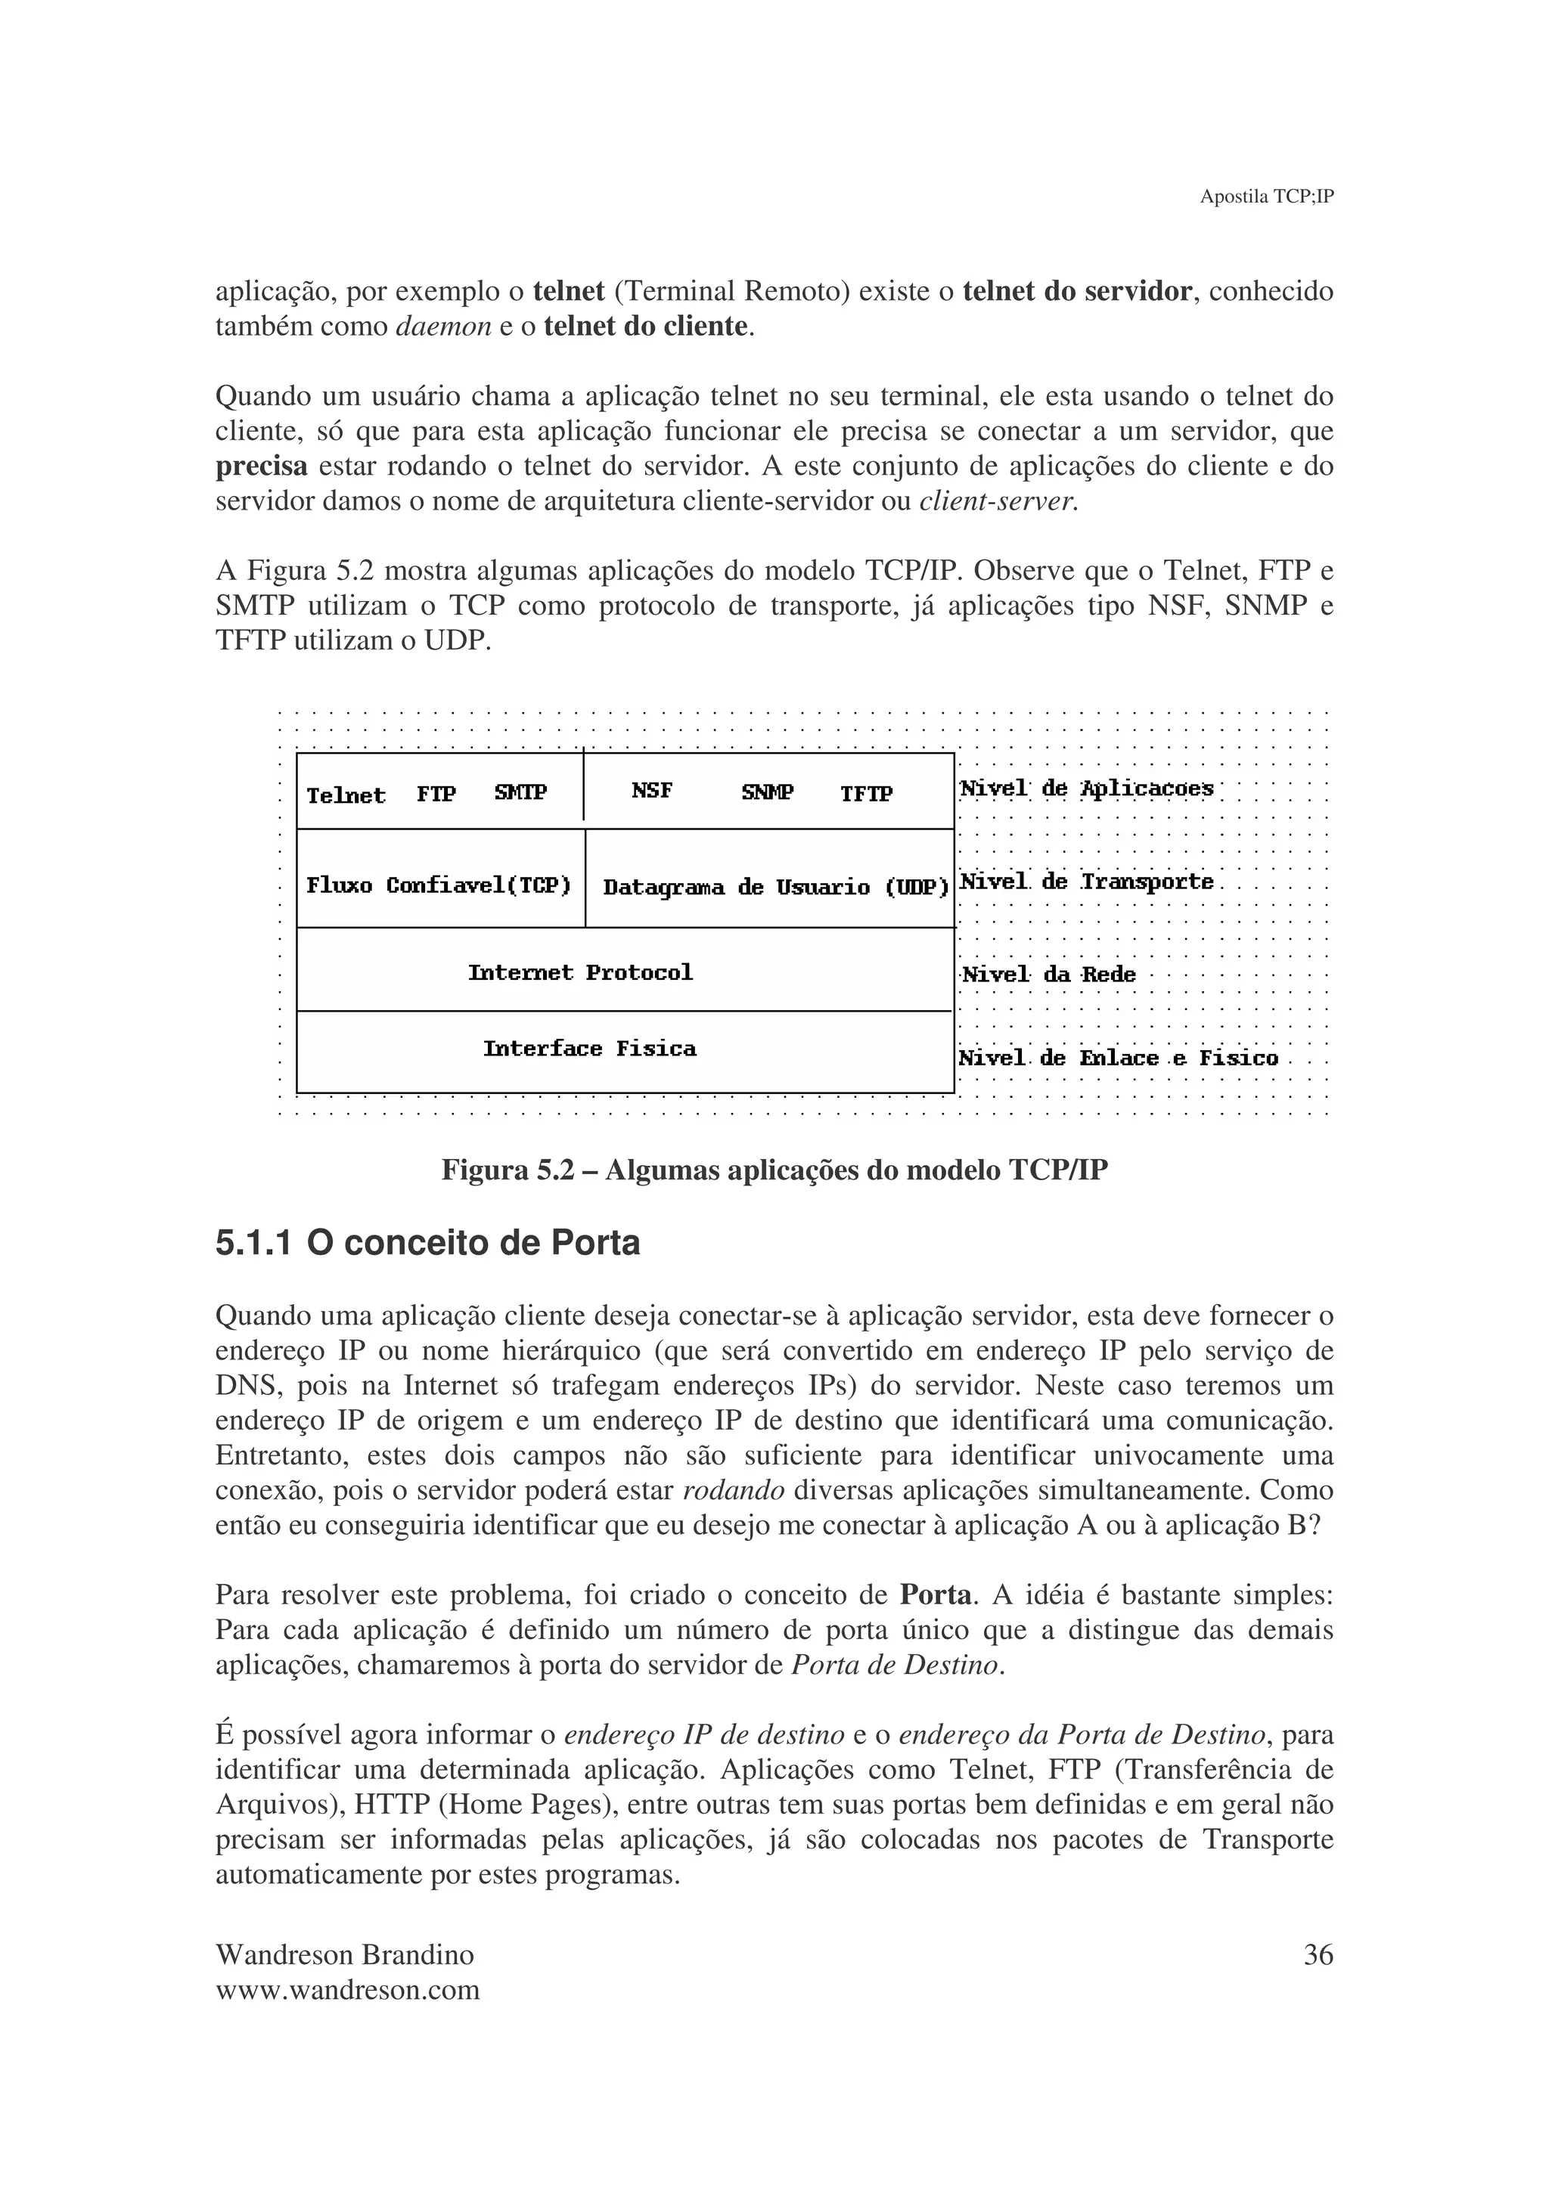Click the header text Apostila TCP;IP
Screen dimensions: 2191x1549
tap(1265, 197)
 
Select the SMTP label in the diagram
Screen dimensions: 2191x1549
tap(520, 793)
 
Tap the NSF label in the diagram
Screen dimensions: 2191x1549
tap(652, 791)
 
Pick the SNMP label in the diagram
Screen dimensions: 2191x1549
tap(768, 793)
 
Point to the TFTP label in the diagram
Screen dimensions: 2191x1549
tap(866, 794)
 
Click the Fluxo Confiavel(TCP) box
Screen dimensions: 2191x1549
tap(439, 885)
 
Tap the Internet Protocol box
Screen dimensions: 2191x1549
tap(580, 972)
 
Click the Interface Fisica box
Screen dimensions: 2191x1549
tap(590, 1049)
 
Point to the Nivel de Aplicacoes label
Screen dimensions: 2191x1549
tap(1086, 789)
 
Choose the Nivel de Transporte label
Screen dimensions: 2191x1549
tap(1086, 882)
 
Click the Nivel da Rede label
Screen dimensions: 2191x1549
tap(1048, 975)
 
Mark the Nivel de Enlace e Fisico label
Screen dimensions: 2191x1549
tap(1118, 1058)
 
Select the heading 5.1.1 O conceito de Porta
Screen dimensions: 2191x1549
tap(427, 1244)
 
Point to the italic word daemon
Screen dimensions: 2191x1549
tap(443, 327)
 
